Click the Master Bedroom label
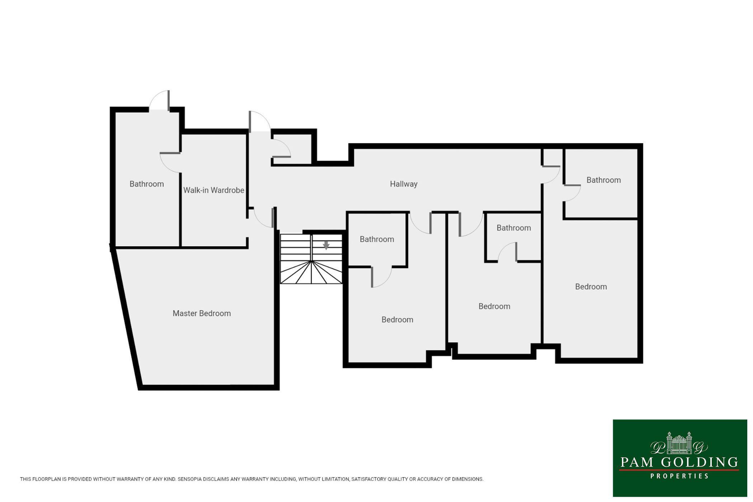202,313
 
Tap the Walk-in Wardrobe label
214,190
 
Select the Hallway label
404,184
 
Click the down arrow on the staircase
326,245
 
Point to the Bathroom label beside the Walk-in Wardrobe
147,184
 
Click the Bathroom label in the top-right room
603,180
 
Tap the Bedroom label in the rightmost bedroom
591,286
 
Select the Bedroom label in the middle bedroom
494,306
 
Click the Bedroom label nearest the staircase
397,319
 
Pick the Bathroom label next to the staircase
377,239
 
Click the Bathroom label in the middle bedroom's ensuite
514,228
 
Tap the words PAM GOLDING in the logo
679,462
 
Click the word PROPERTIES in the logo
679,476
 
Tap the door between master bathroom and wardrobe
170,162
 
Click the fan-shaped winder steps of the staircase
311,273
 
